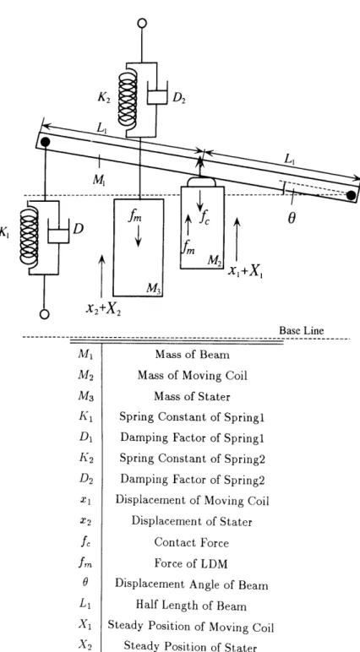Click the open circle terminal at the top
(142, 24)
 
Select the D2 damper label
(179, 99)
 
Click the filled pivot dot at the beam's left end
(46, 142)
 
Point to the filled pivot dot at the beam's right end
(351, 194)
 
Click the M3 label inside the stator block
(153, 288)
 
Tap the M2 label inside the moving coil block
(215, 261)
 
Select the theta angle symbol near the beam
(292, 218)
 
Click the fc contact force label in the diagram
(205, 217)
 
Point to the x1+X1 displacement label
(246, 271)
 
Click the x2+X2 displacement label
(104, 308)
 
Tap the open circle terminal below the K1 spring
(45, 314)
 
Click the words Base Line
(301, 330)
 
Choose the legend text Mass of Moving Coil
(193, 376)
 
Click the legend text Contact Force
(192, 542)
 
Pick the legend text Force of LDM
(192, 563)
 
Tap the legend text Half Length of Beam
(191, 606)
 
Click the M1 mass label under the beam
(99, 179)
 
